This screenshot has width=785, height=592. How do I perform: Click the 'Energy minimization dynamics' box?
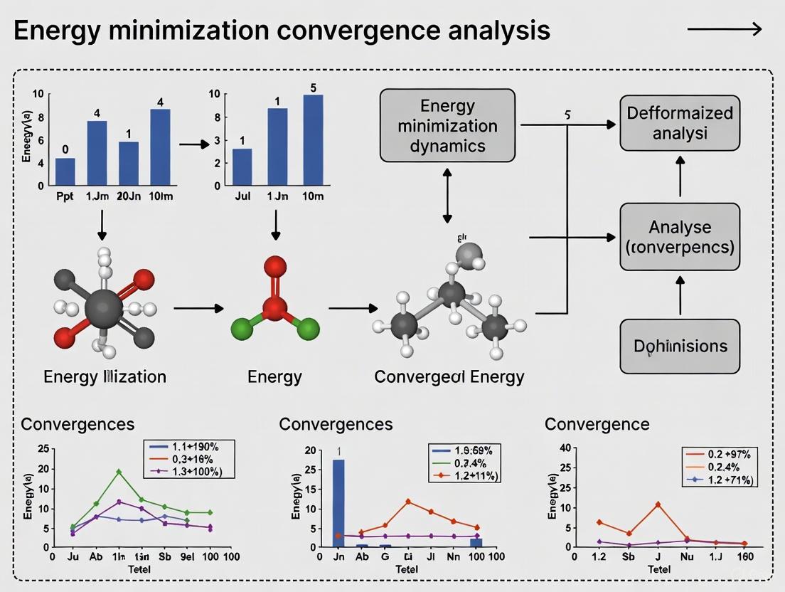pyautogui.click(x=447, y=125)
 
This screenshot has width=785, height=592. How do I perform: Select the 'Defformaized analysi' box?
pyautogui.click(x=679, y=122)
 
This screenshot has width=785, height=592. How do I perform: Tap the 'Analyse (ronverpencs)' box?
pyautogui.click(x=679, y=237)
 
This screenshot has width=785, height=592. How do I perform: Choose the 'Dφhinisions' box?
pyautogui.click(x=679, y=347)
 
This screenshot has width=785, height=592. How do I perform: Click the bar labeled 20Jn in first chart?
pyautogui.click(x=128, y=164)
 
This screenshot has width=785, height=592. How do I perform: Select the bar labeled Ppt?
pyautogui.click(x=65, y=171)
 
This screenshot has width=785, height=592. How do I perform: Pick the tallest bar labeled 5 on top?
pyautogui.click(x=313, y=139)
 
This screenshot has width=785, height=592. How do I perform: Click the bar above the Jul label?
pyautogui.click(x=242, y=166)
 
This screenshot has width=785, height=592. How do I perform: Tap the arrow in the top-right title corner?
pyautogui.click(x=725, y=29)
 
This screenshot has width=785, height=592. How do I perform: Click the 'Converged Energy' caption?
pyautogui.click(x=449, y=376)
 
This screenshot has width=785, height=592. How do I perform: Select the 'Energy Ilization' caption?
pyautogui.click(x=105, y=376)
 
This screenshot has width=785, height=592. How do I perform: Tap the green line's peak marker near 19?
pyautogui.click(x=119, y=472)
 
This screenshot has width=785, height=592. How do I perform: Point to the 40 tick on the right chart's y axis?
pyautogui.click(x=566, y=448)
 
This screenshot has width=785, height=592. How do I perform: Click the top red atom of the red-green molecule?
pyautogui.click(x=275, y=266)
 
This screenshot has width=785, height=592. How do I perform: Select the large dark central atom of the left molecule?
pyautogui.click(x=104, y=308)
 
